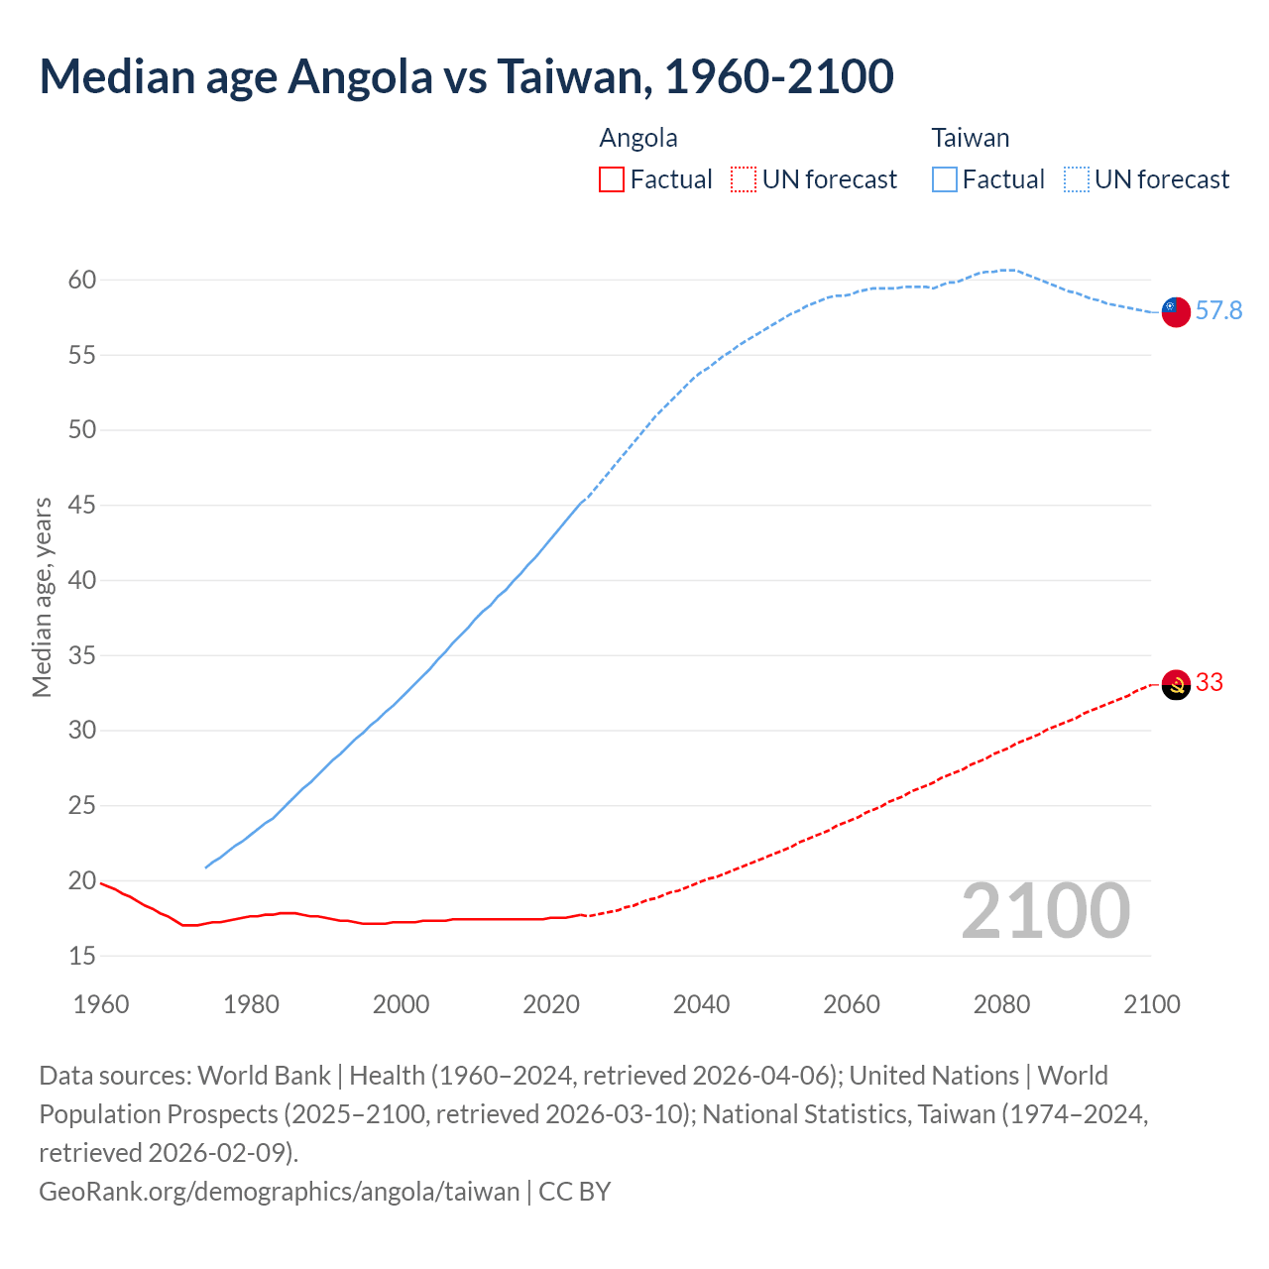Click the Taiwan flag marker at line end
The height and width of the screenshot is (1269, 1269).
point(1175,311)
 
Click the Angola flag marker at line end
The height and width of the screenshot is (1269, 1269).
point(1175,684)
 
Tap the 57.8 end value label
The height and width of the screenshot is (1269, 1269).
point(1218,311)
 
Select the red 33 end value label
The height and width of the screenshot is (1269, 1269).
point(1210,683)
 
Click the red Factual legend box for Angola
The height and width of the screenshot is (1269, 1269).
point(612,179)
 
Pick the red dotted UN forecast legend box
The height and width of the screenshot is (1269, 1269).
point(743,179)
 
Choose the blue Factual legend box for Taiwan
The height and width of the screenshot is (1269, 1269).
point(944,179)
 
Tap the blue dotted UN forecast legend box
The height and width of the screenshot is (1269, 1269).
point(1076,179)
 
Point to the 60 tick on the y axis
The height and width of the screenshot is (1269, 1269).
point(82,281)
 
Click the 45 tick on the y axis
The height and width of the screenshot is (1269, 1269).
point(82,506)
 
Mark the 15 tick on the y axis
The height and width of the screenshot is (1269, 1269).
point(82,957)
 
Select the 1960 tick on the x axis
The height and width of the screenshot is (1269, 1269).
point(101,1004)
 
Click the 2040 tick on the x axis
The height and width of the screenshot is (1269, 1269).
point(701,1004)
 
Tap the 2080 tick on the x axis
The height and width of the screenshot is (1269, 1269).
point(1001,1004)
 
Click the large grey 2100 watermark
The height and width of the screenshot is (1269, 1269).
point(1045,911)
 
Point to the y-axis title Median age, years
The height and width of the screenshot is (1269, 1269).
point(42,597)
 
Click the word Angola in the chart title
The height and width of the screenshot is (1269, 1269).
point(360,77)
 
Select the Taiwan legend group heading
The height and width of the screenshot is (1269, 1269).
point(970,138)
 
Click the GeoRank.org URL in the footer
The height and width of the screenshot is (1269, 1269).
point(279,1191)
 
